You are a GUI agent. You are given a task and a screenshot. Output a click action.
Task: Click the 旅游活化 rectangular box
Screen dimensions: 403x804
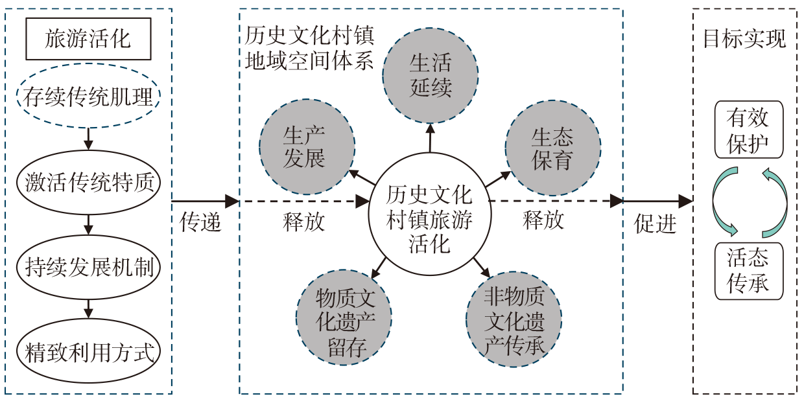pyautogui.click(x=88, y=39)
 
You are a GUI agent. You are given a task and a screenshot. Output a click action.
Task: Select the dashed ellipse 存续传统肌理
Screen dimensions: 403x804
pyautogui.click(x=88, y=97)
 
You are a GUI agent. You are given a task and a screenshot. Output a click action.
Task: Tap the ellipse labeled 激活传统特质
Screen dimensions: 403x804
pyautogui.click(x=89, y=182)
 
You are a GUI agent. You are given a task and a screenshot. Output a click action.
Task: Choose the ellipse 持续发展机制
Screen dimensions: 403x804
pyautogui.click(x=89, y=267)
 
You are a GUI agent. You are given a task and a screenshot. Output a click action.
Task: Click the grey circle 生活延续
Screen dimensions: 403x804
pyautogui.click(x=431, y=75)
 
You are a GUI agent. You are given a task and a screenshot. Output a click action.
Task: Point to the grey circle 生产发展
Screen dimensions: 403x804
pyautogui.click(x=307, y=147)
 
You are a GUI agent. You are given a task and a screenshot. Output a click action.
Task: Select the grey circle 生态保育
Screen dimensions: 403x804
pyautogui.click(x=552, y=148)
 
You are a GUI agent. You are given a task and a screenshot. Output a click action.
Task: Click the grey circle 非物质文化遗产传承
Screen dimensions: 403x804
pyautogui.click(x=514, y=321)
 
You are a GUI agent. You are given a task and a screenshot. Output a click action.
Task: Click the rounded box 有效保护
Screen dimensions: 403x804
pyautogui.click(x=748, y=130)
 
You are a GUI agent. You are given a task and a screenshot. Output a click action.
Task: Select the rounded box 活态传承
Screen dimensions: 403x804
pyautogui.click(x=748, y=271)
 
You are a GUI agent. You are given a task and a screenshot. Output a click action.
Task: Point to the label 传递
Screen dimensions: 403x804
pyautogui.click(x=200, y=222)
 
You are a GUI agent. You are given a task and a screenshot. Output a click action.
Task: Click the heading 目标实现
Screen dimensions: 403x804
pyautogui.click(x=744, y=39)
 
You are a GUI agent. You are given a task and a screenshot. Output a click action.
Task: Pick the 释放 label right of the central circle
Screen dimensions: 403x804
pyautogui.click(x=543, y=220)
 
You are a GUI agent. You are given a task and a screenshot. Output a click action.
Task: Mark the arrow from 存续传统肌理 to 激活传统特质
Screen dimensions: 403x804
pyautogui.click(x=89, y=137)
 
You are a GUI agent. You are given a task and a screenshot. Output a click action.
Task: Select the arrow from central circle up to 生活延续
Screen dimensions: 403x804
pyautogui.click(x=430, y=137)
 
